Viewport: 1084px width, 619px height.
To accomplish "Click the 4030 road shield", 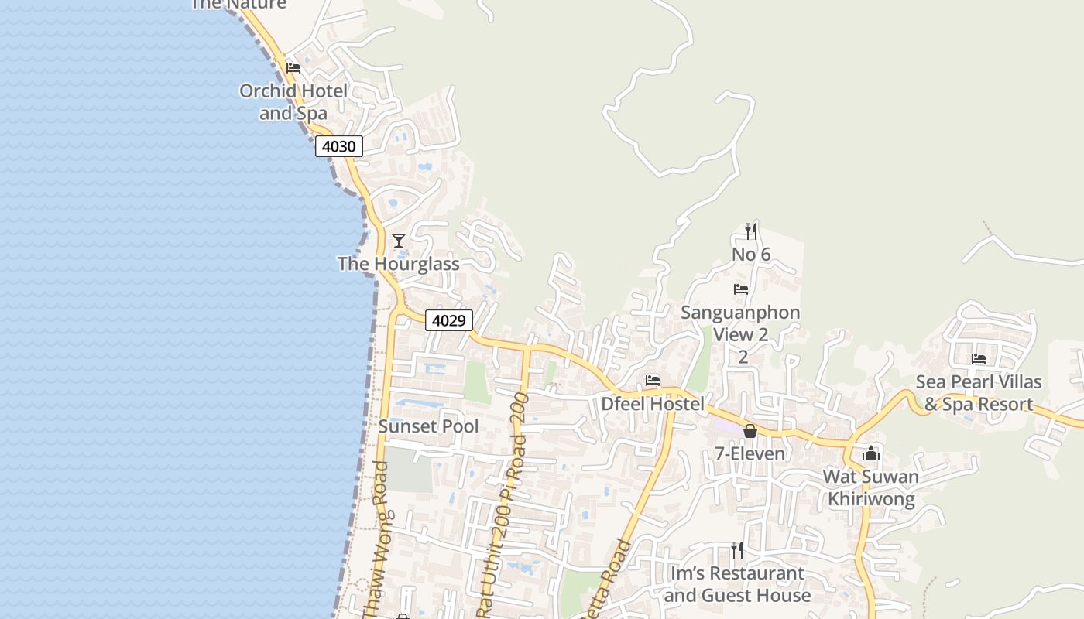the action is click(339, 145).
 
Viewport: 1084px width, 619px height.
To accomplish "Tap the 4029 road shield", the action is click(449, 320).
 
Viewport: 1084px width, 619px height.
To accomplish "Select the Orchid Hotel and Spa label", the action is click(293, 102).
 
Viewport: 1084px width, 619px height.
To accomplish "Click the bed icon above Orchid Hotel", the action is click(293, 68).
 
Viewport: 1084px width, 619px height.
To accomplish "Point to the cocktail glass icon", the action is click(399, 241).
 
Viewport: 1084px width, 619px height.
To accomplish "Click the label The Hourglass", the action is click(399, 264).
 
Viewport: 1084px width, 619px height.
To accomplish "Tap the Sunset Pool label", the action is click(428, 426).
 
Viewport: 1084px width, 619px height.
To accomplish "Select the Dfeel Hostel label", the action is click(653, 404).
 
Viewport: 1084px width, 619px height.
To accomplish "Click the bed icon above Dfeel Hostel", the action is click(653, 381).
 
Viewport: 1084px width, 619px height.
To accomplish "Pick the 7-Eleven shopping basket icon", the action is click(750, 431).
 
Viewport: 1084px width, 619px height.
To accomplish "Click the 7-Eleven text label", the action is click(744, 453).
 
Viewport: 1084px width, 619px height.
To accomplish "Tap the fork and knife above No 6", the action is click(750, 231).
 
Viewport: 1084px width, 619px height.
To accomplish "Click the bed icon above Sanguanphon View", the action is click(741, 289).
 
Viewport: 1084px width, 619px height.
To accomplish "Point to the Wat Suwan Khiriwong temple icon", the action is click(871, 453).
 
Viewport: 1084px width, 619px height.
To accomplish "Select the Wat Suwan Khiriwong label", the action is click(871, 487).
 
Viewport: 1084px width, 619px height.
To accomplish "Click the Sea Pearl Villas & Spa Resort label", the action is click(979, 393).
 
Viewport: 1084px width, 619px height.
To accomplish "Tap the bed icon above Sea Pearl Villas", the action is click(979, 359).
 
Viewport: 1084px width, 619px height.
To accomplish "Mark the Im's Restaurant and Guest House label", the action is click(737, 584).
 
